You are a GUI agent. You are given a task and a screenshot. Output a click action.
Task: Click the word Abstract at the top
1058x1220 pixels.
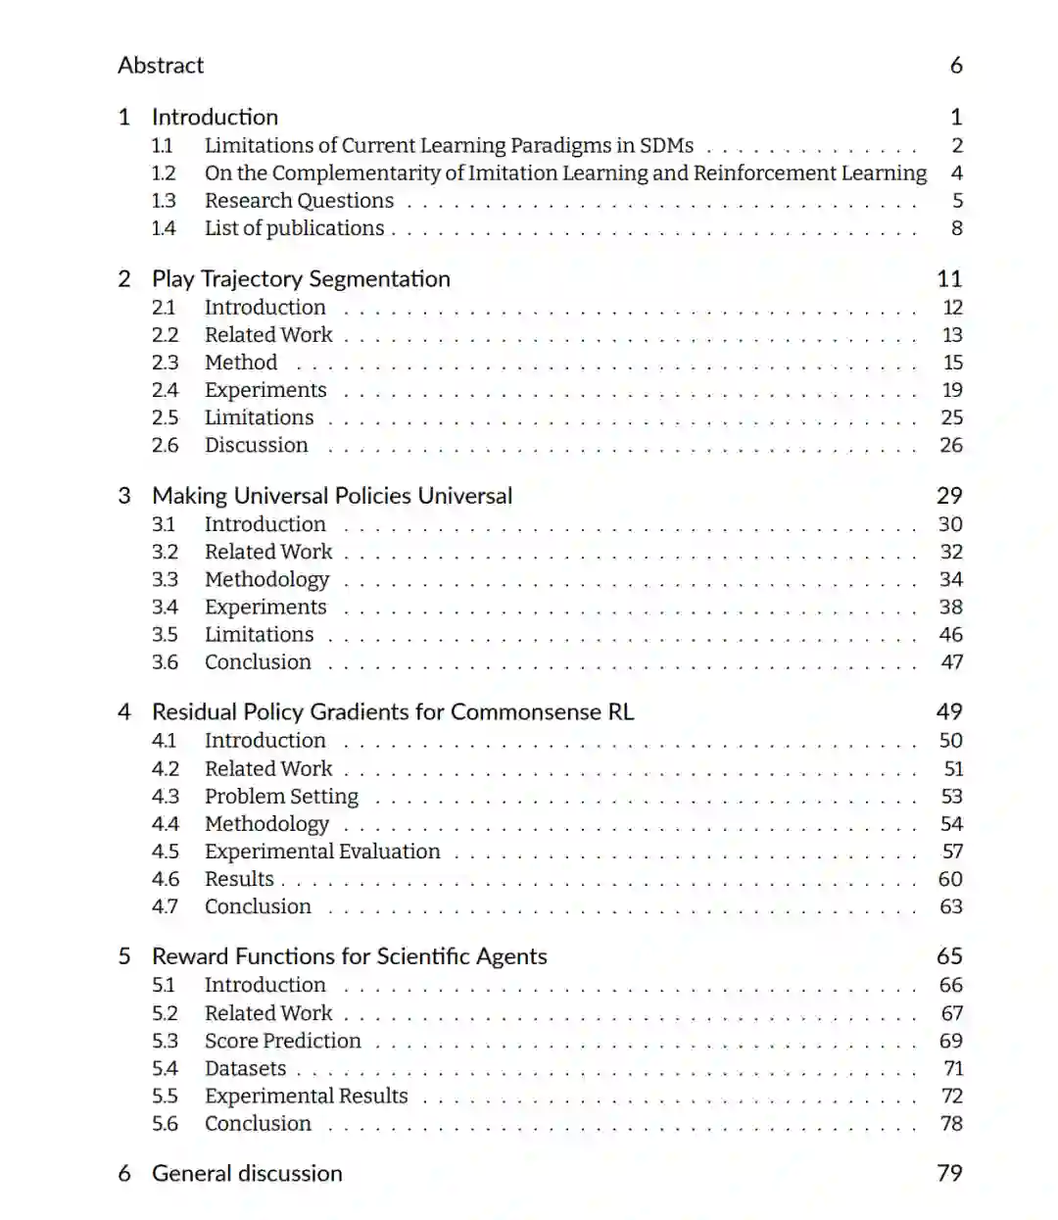click(161, 66)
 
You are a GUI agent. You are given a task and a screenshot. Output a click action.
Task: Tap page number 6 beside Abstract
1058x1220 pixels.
click(956, 66)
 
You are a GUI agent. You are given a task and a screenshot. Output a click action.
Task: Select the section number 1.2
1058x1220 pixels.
click(164, 173)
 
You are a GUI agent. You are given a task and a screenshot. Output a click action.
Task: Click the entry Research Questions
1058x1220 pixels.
click(299, 201)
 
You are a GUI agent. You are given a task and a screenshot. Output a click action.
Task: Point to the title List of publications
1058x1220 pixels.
click(294, 228)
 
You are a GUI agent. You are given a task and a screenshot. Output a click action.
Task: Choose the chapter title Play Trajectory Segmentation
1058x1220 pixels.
click(301, 279)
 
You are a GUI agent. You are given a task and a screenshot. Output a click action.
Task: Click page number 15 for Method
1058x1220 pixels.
click(952, 363)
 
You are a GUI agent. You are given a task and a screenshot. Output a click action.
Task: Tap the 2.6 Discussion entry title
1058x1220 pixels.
click(256, 445)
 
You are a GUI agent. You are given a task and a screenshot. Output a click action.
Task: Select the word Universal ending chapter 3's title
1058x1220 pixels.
click(464, 496)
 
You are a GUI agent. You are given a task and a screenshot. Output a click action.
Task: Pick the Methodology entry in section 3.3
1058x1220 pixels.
click(266, 579)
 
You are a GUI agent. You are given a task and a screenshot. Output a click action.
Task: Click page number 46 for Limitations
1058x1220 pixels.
click(950, 634)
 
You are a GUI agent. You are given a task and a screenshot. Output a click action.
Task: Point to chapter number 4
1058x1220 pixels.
click(124, 712)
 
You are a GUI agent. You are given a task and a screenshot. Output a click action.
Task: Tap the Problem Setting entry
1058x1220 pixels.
click(281, 797)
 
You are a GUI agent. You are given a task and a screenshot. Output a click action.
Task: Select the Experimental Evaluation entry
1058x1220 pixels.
click(322, 852)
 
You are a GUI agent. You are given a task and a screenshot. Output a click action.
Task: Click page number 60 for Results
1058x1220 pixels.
click(950, 879)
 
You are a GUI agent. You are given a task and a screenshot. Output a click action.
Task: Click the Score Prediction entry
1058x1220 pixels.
click(282, 1041)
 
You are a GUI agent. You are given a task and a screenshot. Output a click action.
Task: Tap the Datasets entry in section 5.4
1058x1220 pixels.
click(245, 1068)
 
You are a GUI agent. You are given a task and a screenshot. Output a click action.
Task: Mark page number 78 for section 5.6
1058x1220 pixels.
click(951, 1123)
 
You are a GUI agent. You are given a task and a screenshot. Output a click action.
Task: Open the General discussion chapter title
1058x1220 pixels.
click(247, 1174)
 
